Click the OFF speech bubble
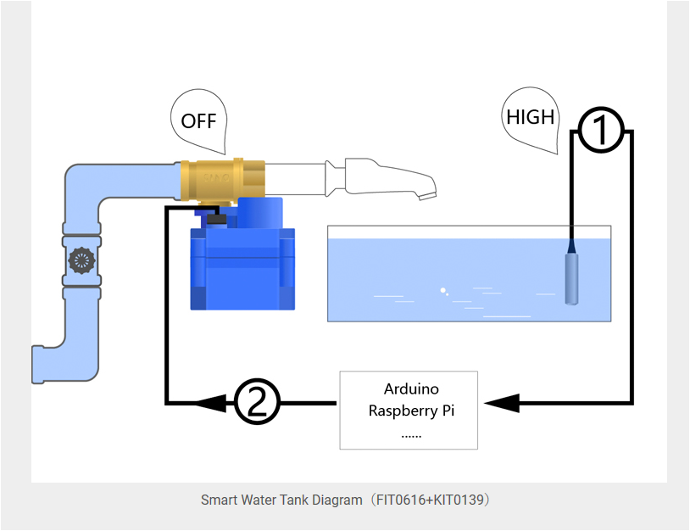point(200,121)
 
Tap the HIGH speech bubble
point(531,118)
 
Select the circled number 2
point(256,403)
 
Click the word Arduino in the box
point(411,389)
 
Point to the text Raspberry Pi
point(411,411)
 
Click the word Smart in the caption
point(219,500)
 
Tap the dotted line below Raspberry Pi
point(411,433)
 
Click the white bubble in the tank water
point(442,291)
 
